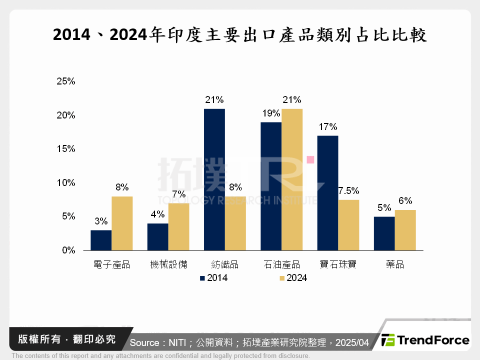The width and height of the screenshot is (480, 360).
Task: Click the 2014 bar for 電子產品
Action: coord(101,240)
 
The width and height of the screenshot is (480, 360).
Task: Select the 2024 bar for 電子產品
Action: coord(122,223)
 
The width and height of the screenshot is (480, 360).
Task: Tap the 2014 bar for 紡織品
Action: coord(214,179)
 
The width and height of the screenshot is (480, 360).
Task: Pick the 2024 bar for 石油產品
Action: coord(292,179)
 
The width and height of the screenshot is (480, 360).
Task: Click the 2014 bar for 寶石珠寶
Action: coord(328,192)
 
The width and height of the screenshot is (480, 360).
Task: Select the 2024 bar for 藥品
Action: coord(405,230)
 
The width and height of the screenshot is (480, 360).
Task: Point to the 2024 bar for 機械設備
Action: coord(178,226)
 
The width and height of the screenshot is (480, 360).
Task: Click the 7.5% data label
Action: coord(348,191)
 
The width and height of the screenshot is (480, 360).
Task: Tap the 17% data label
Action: coord(328,126)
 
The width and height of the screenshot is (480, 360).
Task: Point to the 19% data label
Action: coord(271,113)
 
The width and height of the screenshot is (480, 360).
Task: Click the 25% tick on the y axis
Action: coord(65,81)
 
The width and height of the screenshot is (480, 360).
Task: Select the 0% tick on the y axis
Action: coord(67,250)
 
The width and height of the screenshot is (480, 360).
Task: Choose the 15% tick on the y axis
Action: coord(65,149)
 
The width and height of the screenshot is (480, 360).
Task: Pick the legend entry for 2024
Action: coord(293,278)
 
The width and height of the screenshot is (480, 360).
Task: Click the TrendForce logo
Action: coord(425,340)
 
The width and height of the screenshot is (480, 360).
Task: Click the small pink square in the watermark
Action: coord(310,159)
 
